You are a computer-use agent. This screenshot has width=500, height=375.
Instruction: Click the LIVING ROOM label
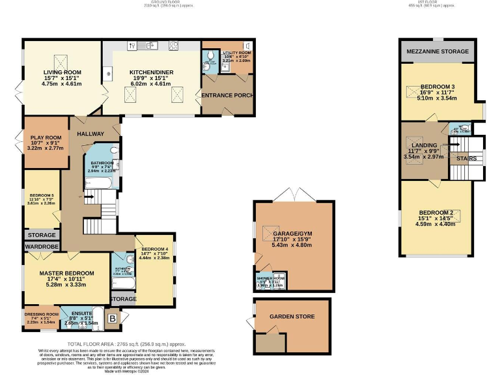(62, 72)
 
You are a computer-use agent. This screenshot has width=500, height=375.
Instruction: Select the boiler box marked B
(112, 319)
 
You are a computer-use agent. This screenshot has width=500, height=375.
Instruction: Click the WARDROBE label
(42, 247)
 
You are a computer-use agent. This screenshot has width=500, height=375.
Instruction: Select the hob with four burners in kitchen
(174, 46)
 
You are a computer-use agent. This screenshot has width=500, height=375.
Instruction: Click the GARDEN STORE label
(292, 317)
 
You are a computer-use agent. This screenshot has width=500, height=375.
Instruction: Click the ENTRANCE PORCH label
(227, 96)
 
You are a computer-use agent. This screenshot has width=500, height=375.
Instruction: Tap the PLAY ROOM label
(45, 137)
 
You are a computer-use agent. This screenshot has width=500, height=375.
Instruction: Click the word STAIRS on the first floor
(466, 158)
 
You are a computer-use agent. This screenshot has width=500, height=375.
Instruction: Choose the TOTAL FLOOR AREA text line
(127, 343)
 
